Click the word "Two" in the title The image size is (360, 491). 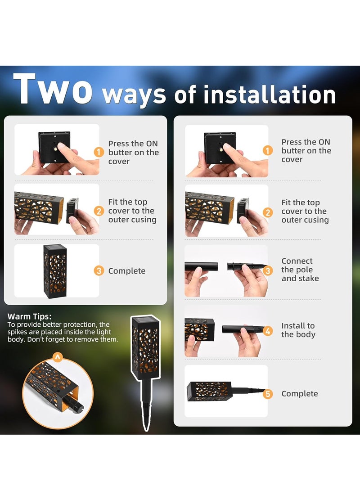tap(53, 89)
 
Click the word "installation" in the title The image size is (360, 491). tap(270, 95)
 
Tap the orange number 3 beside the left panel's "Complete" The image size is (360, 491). tap(99, 271)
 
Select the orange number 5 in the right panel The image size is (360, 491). tap(268, 394)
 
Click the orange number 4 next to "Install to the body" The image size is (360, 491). tap(268, 331)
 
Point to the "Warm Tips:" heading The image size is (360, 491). tap(30, 316)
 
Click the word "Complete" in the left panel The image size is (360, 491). tap(127, 271)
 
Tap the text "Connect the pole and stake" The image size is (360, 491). tap(300, 270)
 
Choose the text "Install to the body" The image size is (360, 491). tap(298, 330)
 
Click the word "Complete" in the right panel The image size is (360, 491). tap(300, 394)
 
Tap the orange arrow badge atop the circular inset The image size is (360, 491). tap(57, 357)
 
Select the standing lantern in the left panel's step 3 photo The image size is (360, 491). tap(55, 271)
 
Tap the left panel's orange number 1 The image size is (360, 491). tap(99, 153)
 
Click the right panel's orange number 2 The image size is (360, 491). tap(268, 212)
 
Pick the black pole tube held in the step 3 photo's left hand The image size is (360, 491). tap(201, 266)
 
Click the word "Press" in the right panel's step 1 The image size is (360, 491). tap(292, 142)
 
